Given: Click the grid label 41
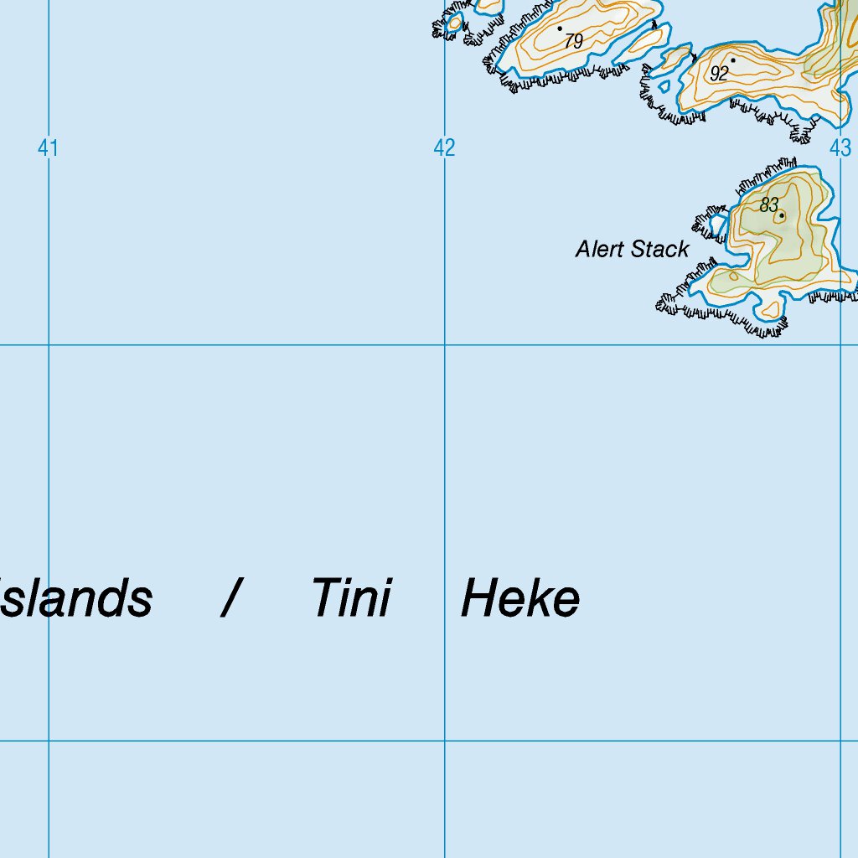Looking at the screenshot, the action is point(48,149).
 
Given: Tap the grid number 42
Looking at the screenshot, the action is point(444,149).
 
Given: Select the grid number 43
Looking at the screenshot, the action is point(840,149).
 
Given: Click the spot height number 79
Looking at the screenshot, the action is point(573,41).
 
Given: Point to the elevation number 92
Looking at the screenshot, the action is point(719,74).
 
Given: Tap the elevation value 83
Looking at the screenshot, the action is point(769,204).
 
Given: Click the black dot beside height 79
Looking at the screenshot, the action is point(560,28).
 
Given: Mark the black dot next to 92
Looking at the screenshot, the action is point(732,59).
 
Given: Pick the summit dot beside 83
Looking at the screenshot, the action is point(782,216).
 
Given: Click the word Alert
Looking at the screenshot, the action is point(600,249).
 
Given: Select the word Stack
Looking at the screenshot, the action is point(660,249).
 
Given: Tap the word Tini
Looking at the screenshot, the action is point(351,599).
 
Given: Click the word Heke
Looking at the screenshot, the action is point(519,599).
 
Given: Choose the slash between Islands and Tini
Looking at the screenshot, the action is point(232,599).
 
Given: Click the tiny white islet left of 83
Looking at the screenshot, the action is point(718,225).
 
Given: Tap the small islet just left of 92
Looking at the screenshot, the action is point(675,58).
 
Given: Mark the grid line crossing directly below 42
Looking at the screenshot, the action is point(445,344).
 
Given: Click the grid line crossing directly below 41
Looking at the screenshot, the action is point(49,344).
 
